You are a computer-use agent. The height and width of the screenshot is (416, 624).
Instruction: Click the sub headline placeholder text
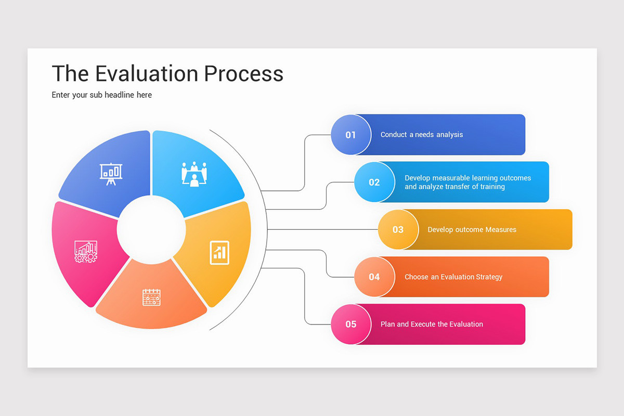point(102,95)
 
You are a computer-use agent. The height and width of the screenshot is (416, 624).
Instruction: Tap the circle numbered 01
point(351,135)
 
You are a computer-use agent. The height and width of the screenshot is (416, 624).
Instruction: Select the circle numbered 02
point(374,182)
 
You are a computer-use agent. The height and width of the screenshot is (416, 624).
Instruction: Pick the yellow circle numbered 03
point(398,229)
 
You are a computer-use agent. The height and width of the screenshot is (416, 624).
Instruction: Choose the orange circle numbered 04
point(374,277)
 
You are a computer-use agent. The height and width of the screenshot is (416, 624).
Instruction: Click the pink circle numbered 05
point(351,324)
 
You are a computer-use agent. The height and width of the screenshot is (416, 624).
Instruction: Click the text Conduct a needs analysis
point(421,135)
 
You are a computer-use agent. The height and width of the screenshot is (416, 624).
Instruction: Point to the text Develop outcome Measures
point(472,229)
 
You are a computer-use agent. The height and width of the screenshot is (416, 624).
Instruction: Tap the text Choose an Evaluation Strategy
point(453,277)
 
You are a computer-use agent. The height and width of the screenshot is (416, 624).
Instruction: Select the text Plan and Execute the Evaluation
point(432,324)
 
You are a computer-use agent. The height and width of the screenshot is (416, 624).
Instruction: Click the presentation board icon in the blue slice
point(111,174)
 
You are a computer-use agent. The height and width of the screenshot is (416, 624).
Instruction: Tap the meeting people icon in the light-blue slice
point(194,173)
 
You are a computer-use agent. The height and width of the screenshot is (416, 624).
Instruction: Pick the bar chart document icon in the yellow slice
point(219,252)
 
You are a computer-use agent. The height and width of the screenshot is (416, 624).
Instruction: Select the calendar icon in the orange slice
point(151,297)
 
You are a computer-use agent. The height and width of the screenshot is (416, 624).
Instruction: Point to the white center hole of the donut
point(151,229)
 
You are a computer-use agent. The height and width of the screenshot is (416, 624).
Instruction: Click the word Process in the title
point(243,73)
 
